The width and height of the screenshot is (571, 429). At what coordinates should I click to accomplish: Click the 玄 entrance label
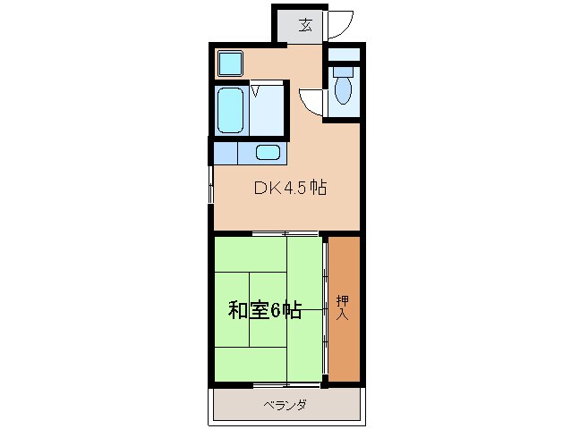(x=305, y=25)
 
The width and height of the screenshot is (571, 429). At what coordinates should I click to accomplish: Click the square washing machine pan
(x=231, y=63)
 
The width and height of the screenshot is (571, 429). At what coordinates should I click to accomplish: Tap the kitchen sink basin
(x=268, y=152)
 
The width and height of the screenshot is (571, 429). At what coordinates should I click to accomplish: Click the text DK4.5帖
(x=289, y=189)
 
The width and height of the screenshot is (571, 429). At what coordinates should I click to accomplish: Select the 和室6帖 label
(x=264, y=310)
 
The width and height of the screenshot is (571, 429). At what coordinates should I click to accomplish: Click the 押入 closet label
(x=343, y=307)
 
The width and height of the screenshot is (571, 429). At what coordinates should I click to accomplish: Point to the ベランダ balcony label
(x=285, y=405)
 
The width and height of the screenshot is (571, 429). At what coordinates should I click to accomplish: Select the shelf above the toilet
(x=344, y=55)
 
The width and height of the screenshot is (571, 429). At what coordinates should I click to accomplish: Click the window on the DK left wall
(x=211, y=183)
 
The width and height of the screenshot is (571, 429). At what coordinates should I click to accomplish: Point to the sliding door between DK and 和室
(x=286, y=234)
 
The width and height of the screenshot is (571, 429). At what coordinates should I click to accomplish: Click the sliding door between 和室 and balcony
(x=286, y=385)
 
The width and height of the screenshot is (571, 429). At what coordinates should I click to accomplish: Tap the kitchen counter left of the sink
(x=226, y=153)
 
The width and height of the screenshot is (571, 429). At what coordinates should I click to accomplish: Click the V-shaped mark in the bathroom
(x=255, y=89)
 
